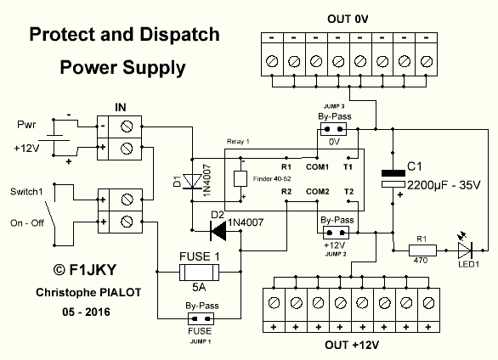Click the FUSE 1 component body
click(199, 272)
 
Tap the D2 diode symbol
click(218, 231)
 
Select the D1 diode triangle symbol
click(192, 182)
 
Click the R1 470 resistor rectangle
click(422, 250)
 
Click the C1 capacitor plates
click(393, 179)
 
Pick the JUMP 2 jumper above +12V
click(336, 233)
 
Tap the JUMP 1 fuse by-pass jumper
click(201, 318)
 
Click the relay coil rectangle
click(241, 178)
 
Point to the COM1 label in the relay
click(317, 166)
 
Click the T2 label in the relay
click(348, 192)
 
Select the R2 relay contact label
click(286, 192)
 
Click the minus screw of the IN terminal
click(127, 127)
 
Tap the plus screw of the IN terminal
click(127, 148)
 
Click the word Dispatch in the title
click(179, 34)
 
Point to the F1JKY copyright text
click(85, 270)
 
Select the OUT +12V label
click(352, 345)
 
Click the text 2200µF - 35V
click(444, 185)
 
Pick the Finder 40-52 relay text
click(272, 179)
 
